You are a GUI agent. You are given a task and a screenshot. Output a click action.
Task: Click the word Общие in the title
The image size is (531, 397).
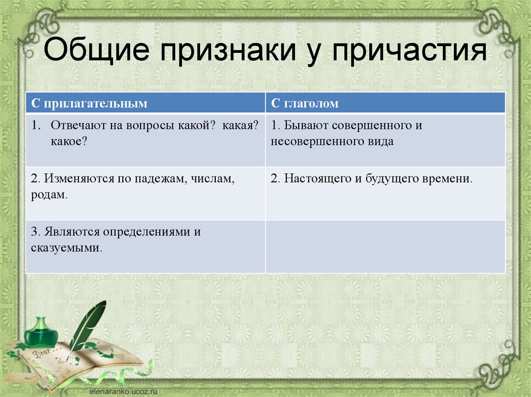pos(96,50)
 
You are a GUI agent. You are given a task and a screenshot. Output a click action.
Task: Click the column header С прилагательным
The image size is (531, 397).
pos(89,103)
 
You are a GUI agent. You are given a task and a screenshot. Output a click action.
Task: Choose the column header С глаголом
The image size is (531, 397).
pos(304,103)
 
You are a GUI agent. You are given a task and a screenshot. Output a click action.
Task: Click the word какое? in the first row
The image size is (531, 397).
pos(69,141)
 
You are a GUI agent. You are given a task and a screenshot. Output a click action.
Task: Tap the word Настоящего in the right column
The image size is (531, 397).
pos(318,179)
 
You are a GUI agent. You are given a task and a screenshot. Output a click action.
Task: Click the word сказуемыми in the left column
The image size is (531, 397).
pos(66,248)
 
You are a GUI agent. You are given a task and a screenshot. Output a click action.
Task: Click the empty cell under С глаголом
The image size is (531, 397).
pos(385,247)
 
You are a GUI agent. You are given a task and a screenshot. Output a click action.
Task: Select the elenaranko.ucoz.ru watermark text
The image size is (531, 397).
pos(123,392)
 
